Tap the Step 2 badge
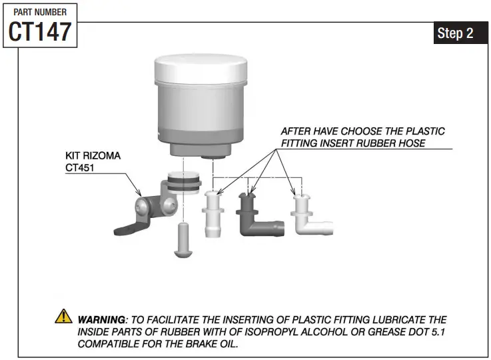pos(455,33)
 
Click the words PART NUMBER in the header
pos(40,12)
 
